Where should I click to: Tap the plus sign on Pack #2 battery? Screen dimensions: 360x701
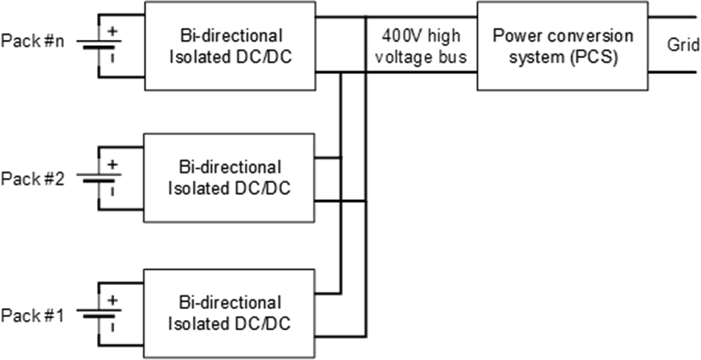112,165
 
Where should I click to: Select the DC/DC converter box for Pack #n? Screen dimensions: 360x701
231,45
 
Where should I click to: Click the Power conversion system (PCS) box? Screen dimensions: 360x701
561,45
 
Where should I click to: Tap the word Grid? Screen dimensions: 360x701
682,46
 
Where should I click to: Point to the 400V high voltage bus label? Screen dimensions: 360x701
420,45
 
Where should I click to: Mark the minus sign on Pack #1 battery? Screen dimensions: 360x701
112,323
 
